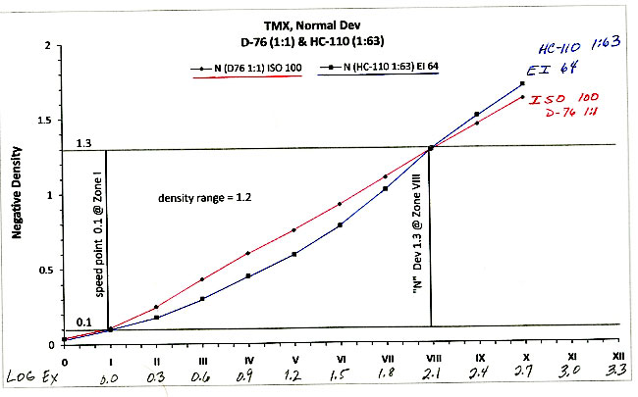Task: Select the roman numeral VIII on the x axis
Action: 431,359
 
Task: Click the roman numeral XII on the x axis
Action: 615,358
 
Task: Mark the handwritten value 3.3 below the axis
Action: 617,375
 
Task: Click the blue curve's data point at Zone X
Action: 522,84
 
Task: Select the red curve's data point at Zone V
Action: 293,230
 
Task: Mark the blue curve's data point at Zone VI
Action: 340,225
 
